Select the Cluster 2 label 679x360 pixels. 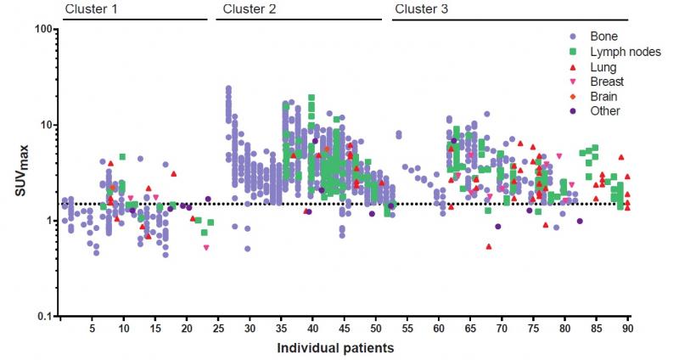[x=250, y=9]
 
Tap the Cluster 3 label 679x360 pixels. [x=422, y=9]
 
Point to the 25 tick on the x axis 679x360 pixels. [x=218, y=328]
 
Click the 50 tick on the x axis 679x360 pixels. [x=376, y=328]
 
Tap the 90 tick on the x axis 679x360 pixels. [x=627, y=328]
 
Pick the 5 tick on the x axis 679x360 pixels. [x=92, y=328]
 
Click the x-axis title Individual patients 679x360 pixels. [x=337, y=347]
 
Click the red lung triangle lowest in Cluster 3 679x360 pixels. [x=490, y=246]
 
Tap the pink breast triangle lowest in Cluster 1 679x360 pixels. [x=206, y=248]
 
